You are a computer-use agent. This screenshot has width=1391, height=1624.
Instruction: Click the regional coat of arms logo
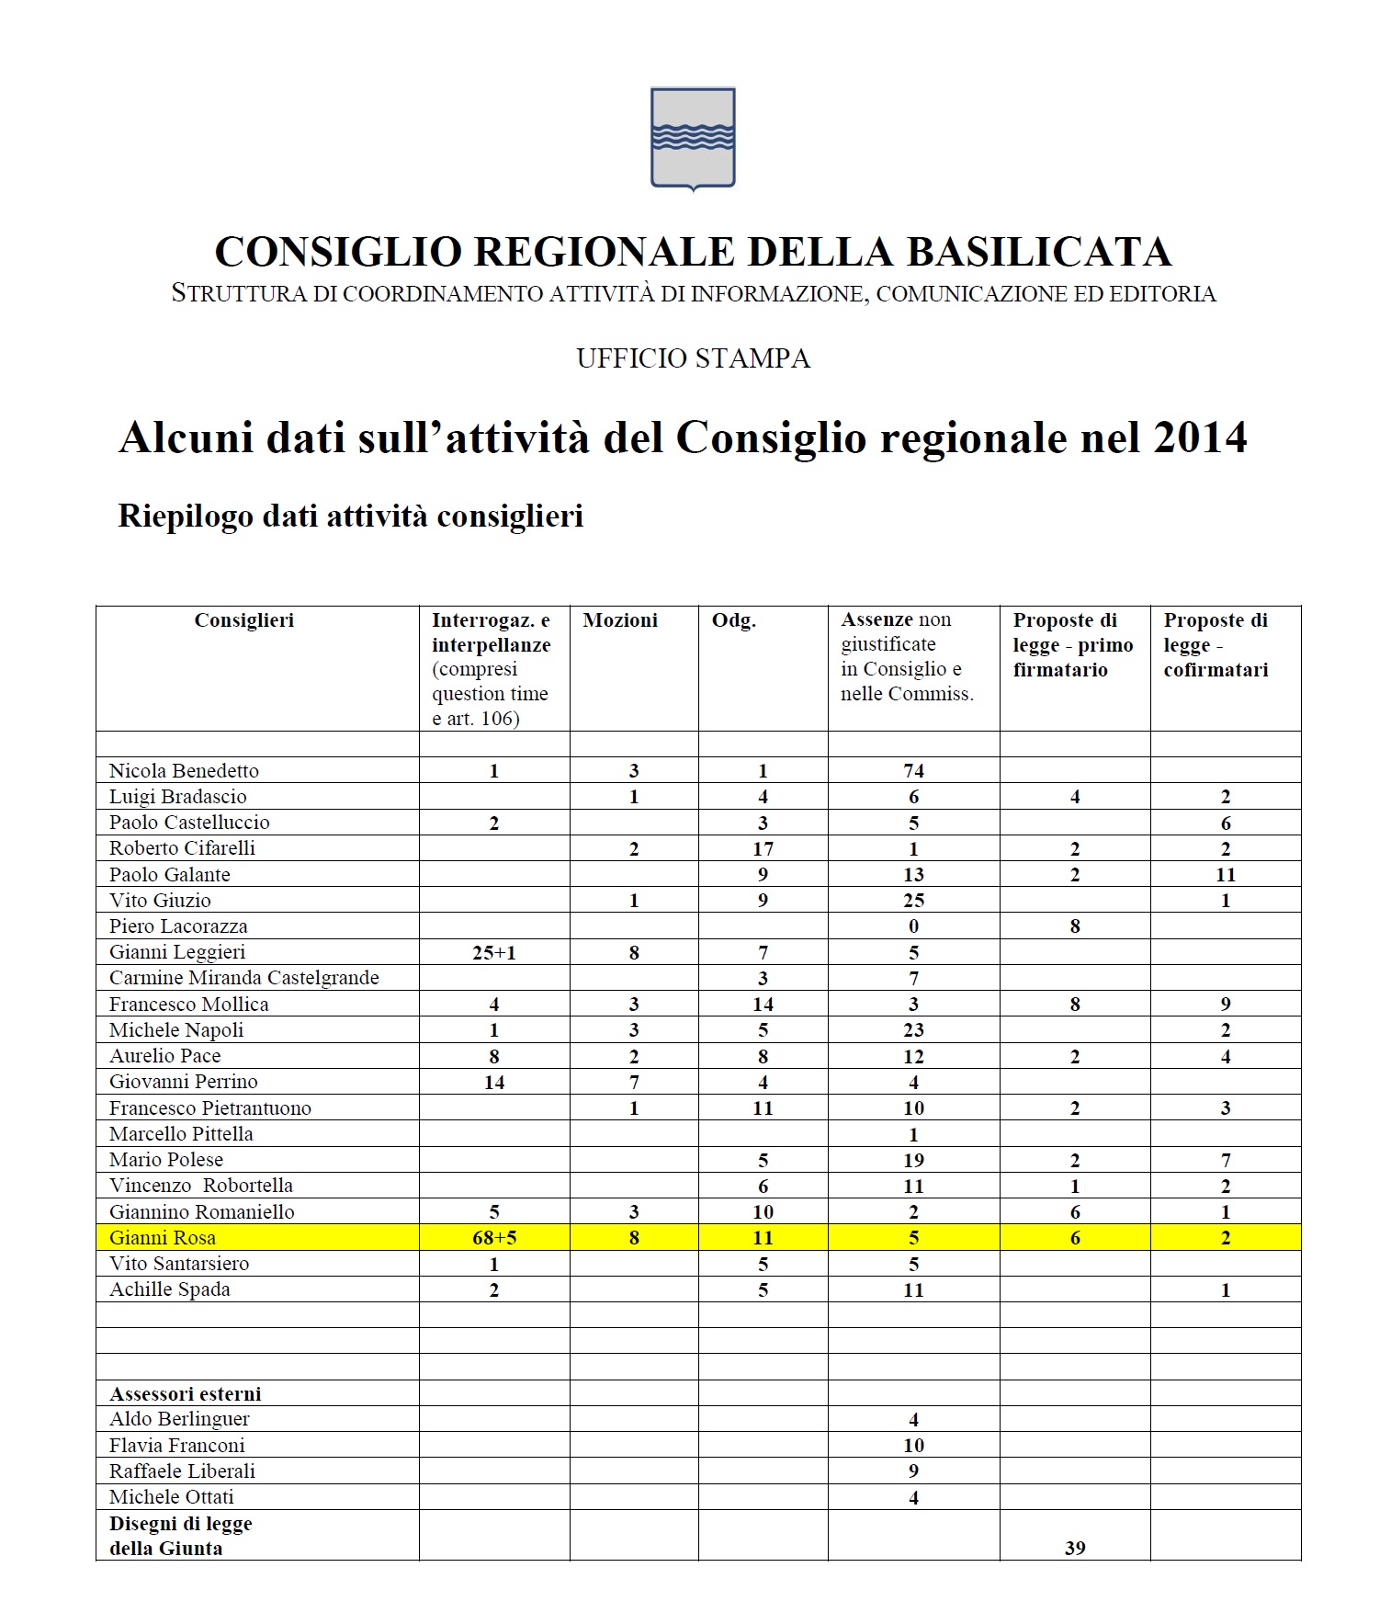pyautogui.click(x=693, y=138)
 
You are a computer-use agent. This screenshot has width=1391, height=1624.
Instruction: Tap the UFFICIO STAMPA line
pyautogui.click(x=694, y=358)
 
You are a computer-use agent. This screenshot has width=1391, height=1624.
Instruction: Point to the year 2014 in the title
pyautogui.click(x=1196, y=437)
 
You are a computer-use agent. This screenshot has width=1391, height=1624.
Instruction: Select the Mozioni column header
pyautogui.click(x=620, y=620)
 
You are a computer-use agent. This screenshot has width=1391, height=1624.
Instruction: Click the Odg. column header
pyautogui.click(x=734, y=620)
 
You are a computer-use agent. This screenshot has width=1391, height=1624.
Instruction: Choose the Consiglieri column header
pyautogui.click(x=244, y=620)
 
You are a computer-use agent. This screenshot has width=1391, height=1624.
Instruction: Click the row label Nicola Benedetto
pyautogui.click(x=184, y=770)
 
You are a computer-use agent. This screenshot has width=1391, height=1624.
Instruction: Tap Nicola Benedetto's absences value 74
pyautogui.click(x=912, y=771)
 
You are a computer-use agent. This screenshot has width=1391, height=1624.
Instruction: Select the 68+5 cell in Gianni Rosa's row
pyautogui.click(x=493, y=1238)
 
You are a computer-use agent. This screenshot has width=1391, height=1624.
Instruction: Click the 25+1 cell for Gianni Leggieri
pyautogui.click(x=493, y=952)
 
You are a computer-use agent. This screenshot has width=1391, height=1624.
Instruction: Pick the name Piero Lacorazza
pyautogui.click(x=178, y=926)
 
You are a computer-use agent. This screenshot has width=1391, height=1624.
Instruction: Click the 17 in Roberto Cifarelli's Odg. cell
pyautogui.click(x=763, y=848)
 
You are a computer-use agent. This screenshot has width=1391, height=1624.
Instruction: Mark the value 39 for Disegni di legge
pyautogui.click(x=1074, y=1548)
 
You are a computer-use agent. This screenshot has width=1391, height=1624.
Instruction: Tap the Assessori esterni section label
pyautogui.click(x=185, y=1393)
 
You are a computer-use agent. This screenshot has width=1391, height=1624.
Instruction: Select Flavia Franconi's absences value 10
pyautogui.click(x=912, y=1445)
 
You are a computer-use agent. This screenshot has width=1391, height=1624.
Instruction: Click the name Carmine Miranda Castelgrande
pyautogui.click(x=243, y=977)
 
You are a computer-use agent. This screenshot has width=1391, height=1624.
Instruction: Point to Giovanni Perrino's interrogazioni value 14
pyautogui.click(x=493, y=1082)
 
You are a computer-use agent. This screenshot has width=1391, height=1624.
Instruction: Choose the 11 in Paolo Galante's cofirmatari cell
pyautogui.click(x=1225, y=874)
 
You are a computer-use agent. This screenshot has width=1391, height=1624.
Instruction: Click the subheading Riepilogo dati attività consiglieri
pyautogui.click(x=351, y=516)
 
